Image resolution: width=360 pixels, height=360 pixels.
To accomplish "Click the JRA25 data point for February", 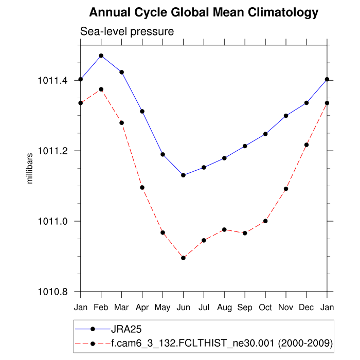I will click(101, 56).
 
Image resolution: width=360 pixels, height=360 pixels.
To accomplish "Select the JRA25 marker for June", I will click(183, 175).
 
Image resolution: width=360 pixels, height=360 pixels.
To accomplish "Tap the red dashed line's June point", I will click(183, 258).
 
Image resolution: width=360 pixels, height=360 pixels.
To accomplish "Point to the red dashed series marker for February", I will click(101, 89).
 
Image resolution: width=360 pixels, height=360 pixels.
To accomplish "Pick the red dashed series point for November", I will click(286, 189).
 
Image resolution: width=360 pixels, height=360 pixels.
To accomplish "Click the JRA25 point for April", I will click(142, 111).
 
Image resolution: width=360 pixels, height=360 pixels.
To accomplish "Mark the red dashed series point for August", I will click(224, 229).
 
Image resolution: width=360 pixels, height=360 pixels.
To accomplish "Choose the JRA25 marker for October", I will click(265, 134).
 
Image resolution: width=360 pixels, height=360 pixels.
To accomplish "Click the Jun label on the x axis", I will click(183, 307).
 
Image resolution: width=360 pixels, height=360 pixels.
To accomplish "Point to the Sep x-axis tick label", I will click(245, 307).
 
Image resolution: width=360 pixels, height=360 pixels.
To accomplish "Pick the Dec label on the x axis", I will click(307, 307).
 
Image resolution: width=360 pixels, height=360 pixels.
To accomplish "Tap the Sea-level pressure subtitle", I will click(127, 31).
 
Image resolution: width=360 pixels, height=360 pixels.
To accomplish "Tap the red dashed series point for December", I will click(307, 145).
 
